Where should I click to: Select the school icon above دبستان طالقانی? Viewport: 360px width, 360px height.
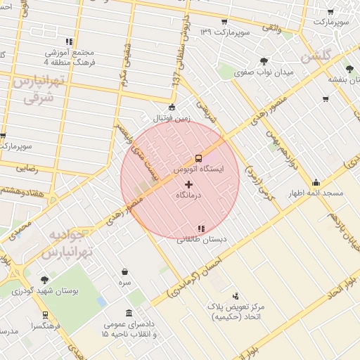(202, 229)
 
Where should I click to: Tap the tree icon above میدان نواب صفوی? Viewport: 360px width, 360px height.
(264, 62)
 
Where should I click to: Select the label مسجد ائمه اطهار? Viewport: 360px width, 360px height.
(316, 193)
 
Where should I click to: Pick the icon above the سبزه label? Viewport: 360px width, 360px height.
(124, 271)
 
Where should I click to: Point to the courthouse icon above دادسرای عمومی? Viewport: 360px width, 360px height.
(128, 313)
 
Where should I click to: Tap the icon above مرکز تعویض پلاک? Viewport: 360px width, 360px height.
(236, 296)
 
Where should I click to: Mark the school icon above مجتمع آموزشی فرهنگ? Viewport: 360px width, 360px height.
(68, 42)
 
